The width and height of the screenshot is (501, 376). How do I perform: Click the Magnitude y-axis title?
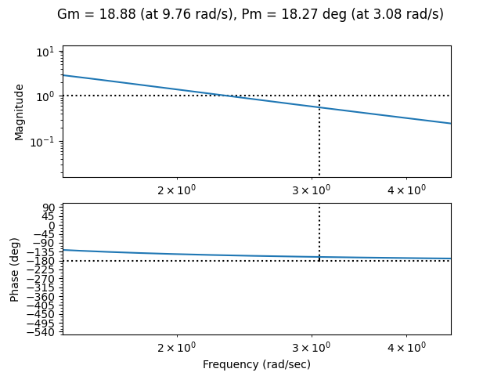tap(20, 111)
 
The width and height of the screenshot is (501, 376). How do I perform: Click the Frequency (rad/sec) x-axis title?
tap(257, 364)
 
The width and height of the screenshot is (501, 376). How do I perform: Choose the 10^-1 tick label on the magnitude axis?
tap(44, 141)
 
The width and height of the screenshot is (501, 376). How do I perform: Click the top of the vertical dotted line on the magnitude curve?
tap(319, 107)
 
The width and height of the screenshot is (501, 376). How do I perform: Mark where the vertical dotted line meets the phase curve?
tap(319, 257)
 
